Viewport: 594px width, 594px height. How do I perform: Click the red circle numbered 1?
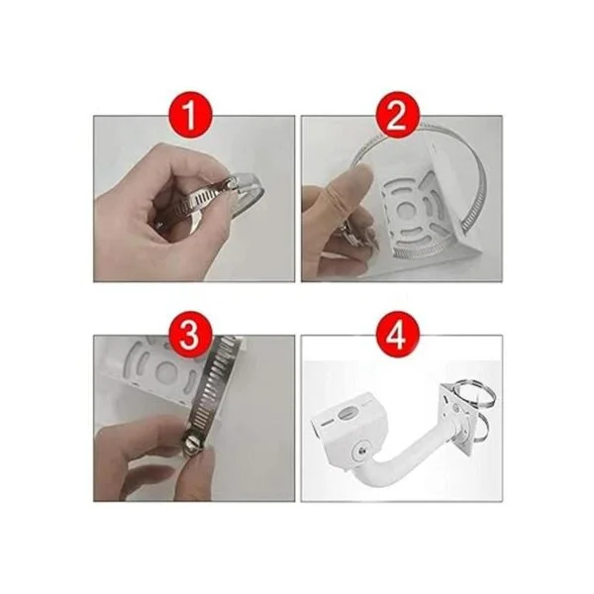tap(190, 114)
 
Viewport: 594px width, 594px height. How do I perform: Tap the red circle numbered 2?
tap(398, 114)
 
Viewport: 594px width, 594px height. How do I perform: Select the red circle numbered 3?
tap(190, 335)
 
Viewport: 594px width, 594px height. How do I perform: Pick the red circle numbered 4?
tap(398, 335)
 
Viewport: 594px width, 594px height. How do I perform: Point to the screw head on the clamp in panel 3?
tap(193, 443)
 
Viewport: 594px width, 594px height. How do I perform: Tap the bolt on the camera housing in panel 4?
tap(362, 449)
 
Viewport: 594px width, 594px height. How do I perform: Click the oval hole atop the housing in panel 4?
tap(347, 413)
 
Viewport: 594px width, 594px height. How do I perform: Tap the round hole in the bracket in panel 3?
tap(166, 370)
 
